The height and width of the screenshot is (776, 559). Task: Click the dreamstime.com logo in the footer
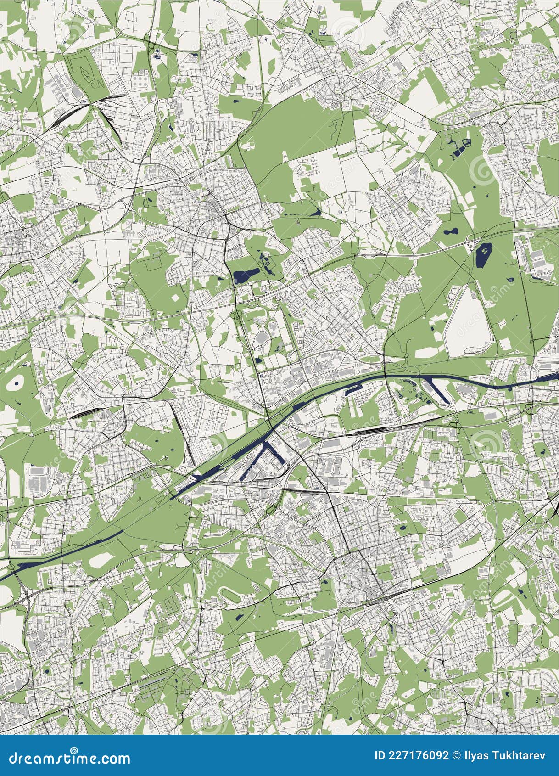pyautogui.click(x=66, y=758)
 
